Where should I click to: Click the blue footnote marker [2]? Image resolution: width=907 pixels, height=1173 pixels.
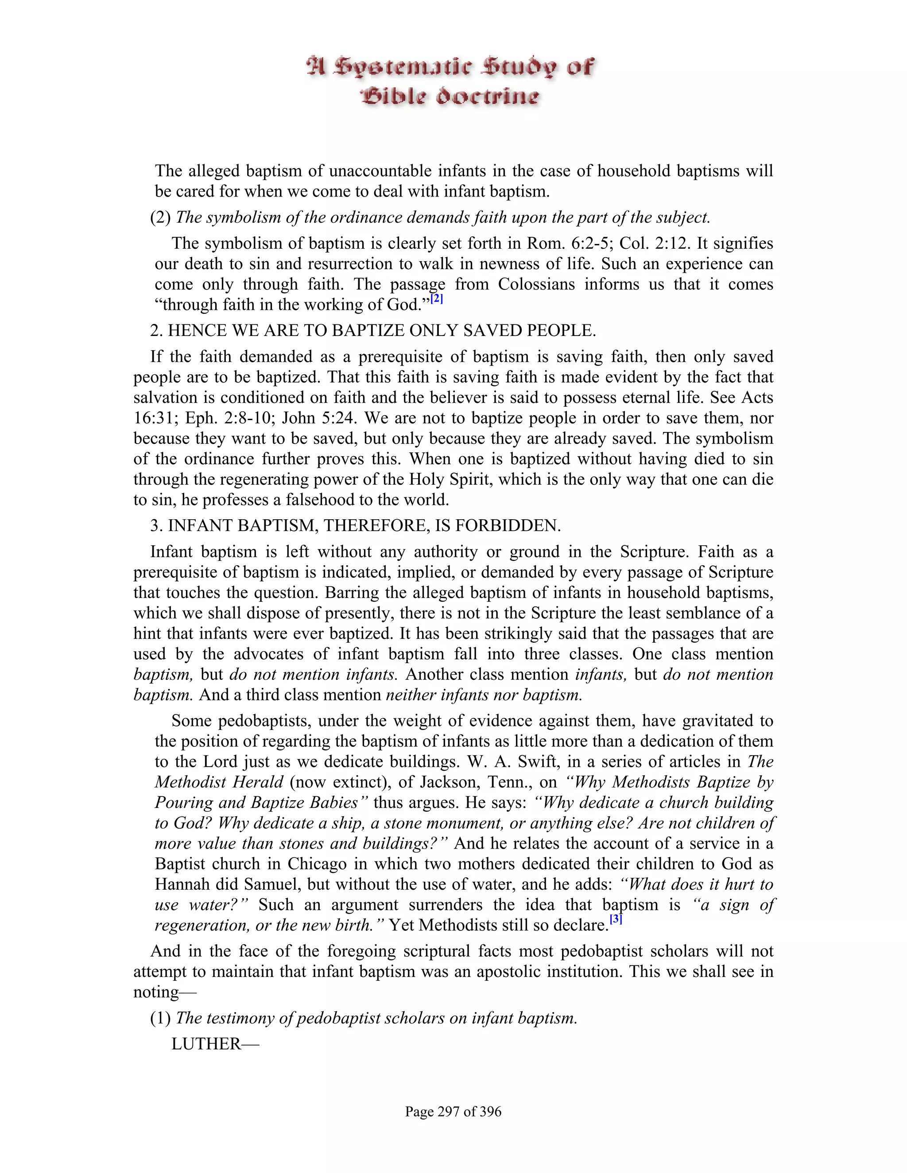(x=436, y=299)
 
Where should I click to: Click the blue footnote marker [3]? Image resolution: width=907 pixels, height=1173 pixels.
(x=616, y=919)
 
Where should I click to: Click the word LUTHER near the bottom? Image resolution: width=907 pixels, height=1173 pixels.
(x=206, y=1044)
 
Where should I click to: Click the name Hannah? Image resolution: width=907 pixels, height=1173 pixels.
(x=186, y=884)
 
